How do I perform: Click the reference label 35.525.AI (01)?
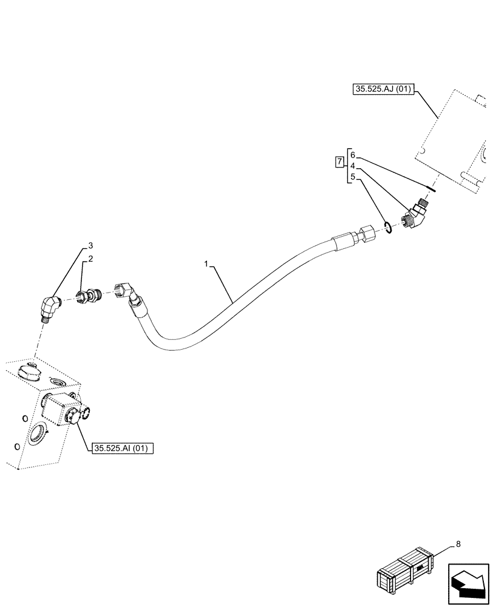pyautogui.click(x=123, y=449)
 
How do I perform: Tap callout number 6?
pyautogui.click(x=353, y=155)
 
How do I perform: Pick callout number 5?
pyautogui.click(x=353, y=178)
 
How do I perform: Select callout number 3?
pyautogui.click(x=90, y=246)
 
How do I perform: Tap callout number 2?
pyautogui.click(x=90, y=259)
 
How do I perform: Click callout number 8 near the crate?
pyautogui.click(x=458, y=544)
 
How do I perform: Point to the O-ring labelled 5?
pyautogui.click(x=389, y=227)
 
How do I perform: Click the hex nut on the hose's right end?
pyautogui.click(x=367, y=234)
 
